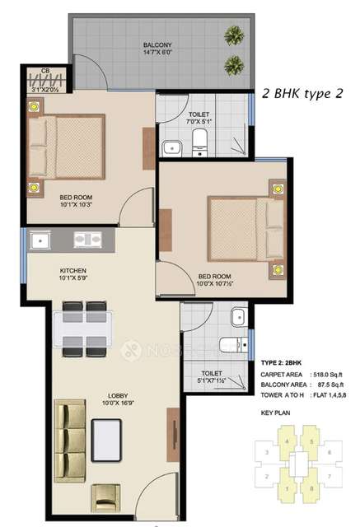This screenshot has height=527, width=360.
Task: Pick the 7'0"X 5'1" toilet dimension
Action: pyautogui.click(x=199, y=122)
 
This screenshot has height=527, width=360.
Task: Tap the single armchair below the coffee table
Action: pyautogui.click(x=108, y=499)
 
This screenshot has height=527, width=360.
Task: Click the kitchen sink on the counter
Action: pyautogui.click(x=40, y=240)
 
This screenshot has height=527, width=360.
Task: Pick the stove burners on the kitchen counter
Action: pyautogui.click(x=88, y=240)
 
